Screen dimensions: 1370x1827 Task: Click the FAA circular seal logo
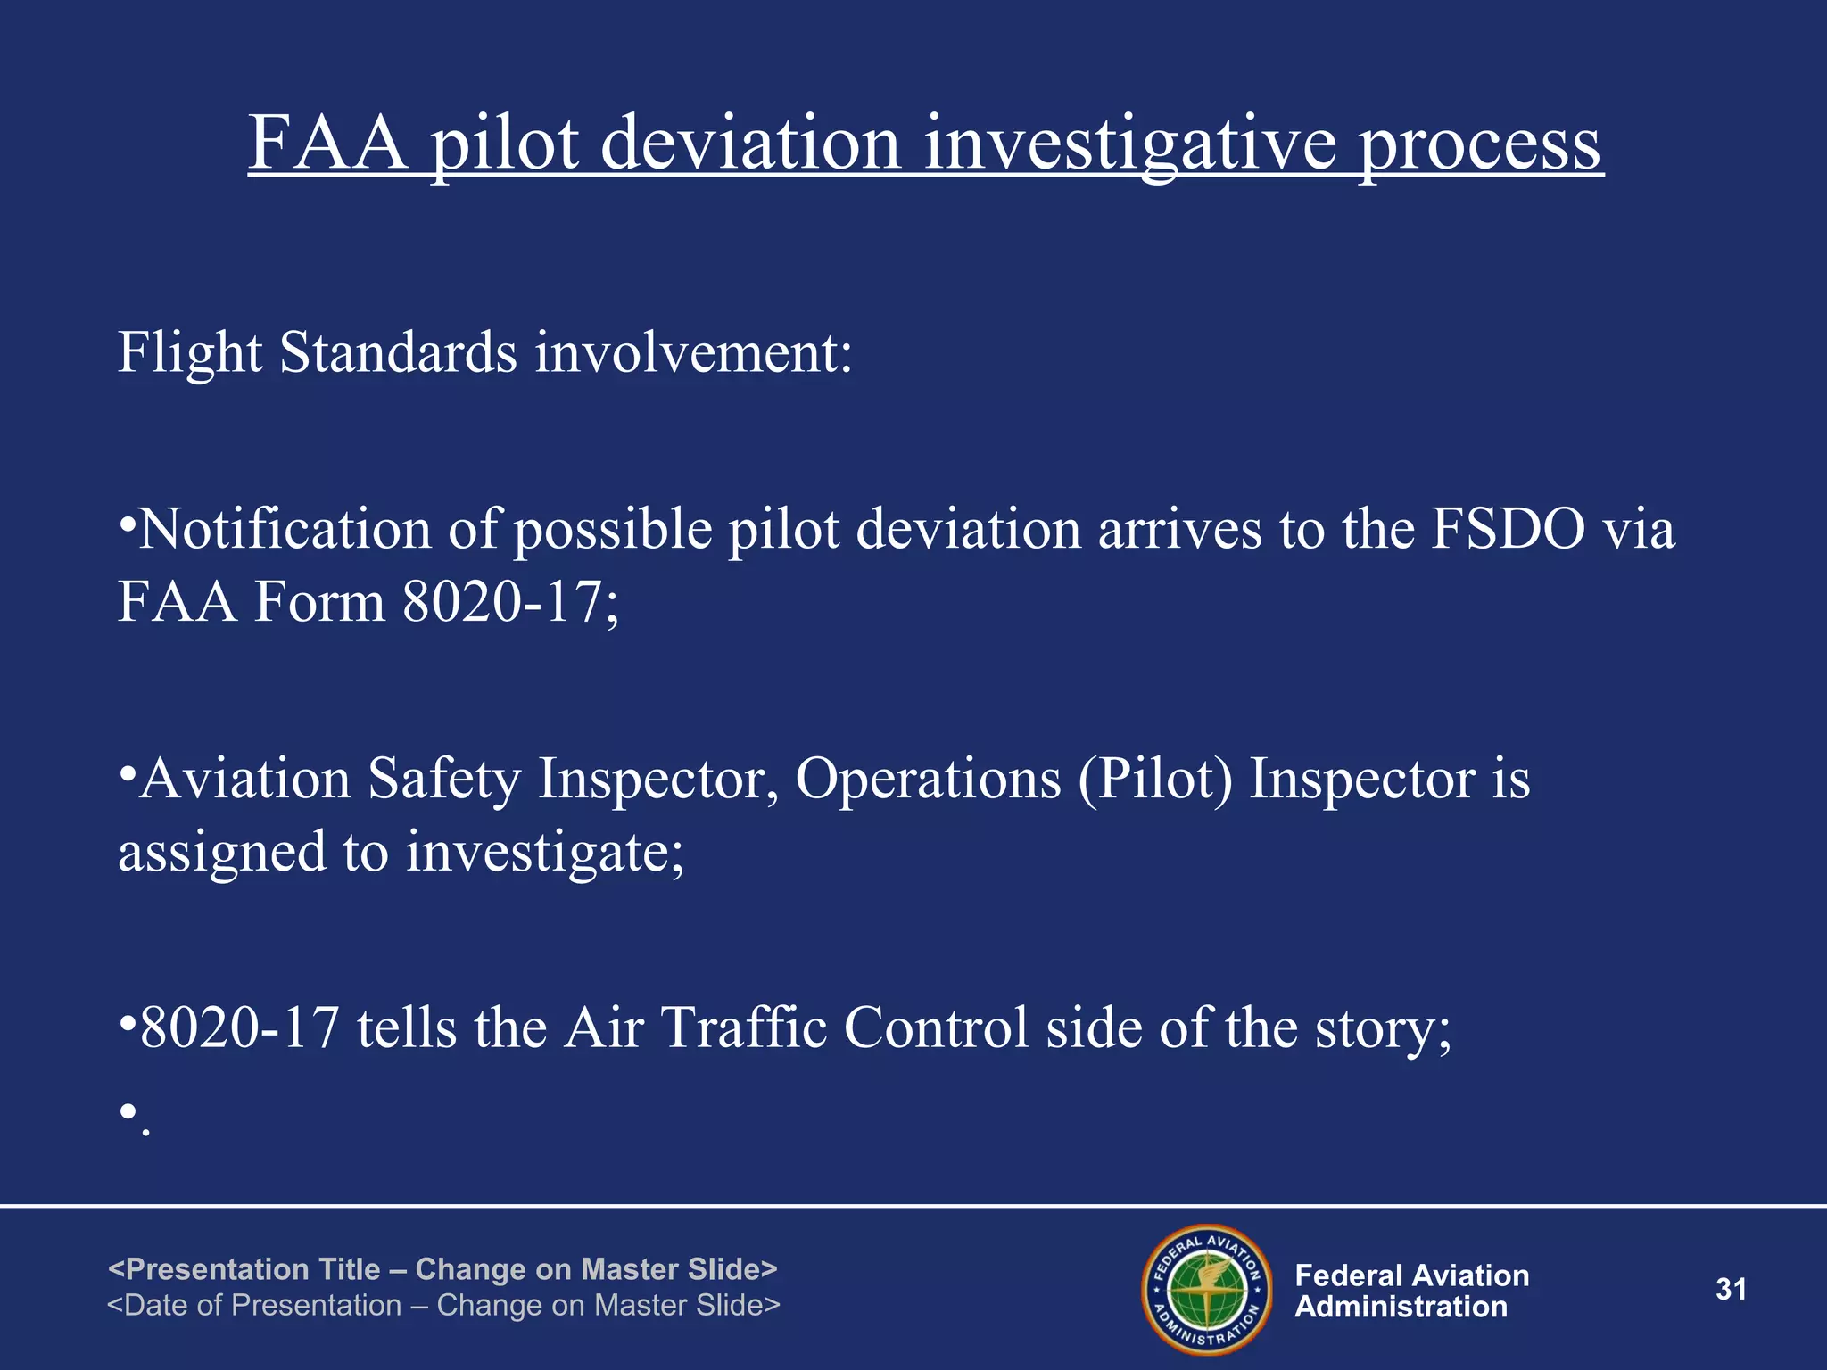tap(1207, 1289)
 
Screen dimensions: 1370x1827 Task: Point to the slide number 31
tap(1731, 1290)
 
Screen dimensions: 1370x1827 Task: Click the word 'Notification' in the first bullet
tap(285, 530)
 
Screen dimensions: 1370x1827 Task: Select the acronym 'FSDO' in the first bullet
tap(1509, 530)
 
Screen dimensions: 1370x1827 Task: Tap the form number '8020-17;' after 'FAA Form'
tap(510, 602)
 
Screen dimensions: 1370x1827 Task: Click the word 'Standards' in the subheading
tap(398, 352)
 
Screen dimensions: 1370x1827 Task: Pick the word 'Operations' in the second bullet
tap(928, 779)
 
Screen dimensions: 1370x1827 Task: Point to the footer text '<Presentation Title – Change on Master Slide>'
tap(442, 1268)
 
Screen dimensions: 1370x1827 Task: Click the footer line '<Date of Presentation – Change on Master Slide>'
tap(442, 1305)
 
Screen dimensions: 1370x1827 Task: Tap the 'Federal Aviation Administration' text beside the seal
tap(1411, 1291)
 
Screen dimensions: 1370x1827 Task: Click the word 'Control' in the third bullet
tap(937, 1027)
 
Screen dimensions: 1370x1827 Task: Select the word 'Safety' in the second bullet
tap(443, 779)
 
